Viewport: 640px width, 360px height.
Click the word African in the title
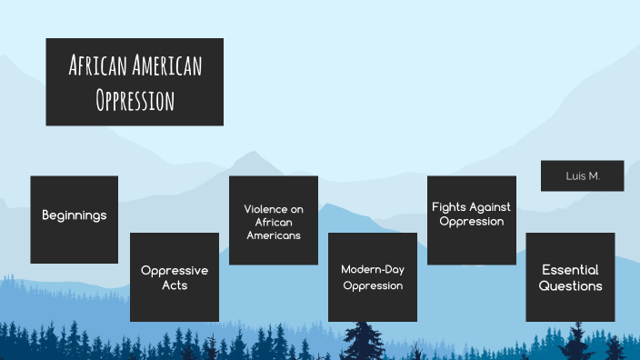[98, 65]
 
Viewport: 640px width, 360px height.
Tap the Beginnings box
[75, 219]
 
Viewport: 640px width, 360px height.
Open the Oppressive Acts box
[175, 276]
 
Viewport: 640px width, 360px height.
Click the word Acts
[175, 285]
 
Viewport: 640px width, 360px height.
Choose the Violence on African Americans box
[273, 220]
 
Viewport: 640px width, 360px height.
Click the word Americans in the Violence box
[273, 235]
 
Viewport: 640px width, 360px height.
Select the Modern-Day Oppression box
[372, 276]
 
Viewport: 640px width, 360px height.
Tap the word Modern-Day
[372, 269]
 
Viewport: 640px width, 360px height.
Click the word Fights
[448, 207]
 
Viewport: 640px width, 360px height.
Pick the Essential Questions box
[570, 276]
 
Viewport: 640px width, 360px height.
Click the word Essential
[570, 270]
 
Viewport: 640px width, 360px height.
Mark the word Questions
[570, 285]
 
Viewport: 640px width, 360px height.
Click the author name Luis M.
[582, 175]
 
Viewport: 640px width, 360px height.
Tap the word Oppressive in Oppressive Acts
[175, 270]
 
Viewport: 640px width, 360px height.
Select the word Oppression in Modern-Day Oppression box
[372, 285]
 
